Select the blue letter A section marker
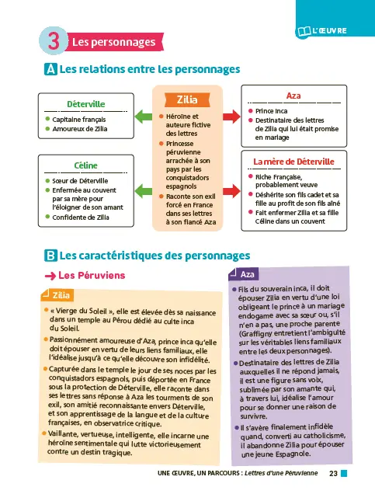[50, 70]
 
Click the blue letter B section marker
[50, 254]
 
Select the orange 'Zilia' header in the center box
[187, 100]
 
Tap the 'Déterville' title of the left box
[87, 104]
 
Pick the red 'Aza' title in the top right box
[293, 96]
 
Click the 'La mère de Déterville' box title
[293, 162]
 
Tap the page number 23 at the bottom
[333, 473]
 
